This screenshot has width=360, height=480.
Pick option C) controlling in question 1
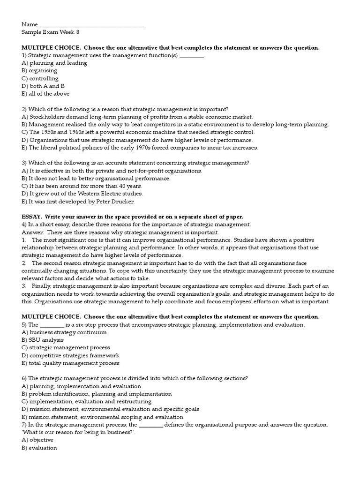(40, 78)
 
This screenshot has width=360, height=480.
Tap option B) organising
(39, 71)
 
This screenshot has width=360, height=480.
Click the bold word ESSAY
(31, 217)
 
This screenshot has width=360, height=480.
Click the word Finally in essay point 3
(41, 286)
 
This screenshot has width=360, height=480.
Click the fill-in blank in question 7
(151, 425)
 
